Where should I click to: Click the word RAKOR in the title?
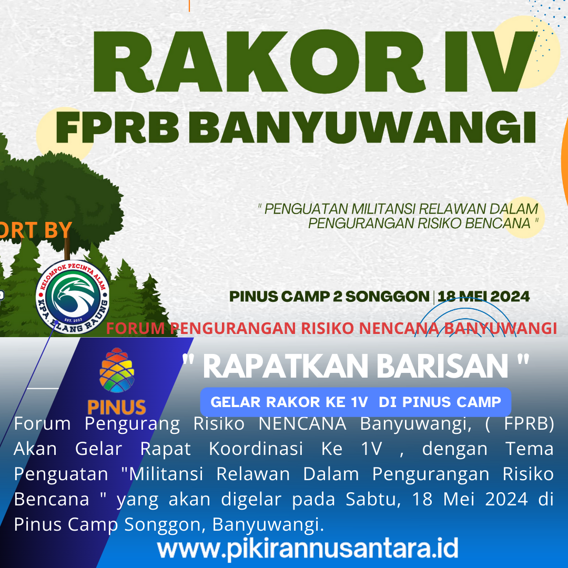click(x=259, y=62)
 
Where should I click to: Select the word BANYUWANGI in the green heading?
click(x=362, y=127)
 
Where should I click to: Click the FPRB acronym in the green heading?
click(x=117, y=127)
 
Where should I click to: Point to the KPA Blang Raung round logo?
click(x=73, y=297)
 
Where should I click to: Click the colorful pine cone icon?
click(x=117, y=370)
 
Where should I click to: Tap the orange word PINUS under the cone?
click(x=117, y=407)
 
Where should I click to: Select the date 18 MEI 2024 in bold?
click(x=484, y=296)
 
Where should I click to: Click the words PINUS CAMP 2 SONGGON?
click(x=329, y=296)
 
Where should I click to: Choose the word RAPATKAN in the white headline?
click(x=286, y=366)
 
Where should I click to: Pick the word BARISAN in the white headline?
click(x=443, y=366)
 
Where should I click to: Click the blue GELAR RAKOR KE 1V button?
click(x=356, y=402)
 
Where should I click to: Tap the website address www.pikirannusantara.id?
click(x=308, y=549)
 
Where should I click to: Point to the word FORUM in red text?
click(x=136, y=328)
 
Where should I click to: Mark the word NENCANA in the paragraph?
click(x=302, y=423)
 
